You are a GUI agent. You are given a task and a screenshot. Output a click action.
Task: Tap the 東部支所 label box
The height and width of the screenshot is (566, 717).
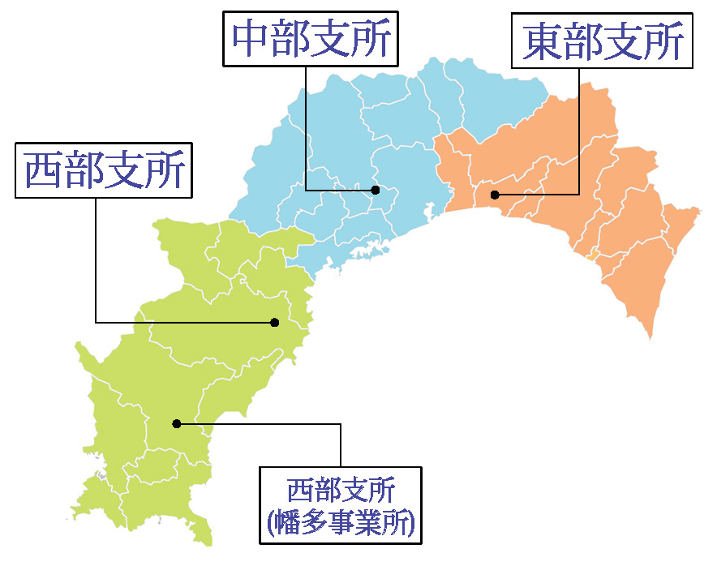(x=603, y=40)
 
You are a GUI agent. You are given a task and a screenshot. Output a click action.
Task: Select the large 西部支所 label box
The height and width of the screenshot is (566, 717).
(x=104, y=170)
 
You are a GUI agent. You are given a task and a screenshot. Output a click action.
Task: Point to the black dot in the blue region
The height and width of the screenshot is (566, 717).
(x=376, y=190)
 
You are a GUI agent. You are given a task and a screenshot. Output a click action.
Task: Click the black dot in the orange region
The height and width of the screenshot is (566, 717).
(x=495, y=195)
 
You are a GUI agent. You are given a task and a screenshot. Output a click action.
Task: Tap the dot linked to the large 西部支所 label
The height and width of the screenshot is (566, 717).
(x=274, y=323)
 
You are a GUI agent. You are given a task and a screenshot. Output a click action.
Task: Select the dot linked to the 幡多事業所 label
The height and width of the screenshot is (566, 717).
(x=176, y=423)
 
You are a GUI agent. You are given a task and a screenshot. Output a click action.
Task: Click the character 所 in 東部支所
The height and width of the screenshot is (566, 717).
(x=664, y=41)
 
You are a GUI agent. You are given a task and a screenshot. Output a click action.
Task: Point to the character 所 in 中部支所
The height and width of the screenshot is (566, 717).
(x=372, y=40)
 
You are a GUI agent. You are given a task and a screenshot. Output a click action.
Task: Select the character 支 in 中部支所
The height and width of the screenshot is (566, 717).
(x=332, y=40)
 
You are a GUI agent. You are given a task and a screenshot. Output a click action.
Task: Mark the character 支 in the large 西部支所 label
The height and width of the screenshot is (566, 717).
(x=124, y=171)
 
